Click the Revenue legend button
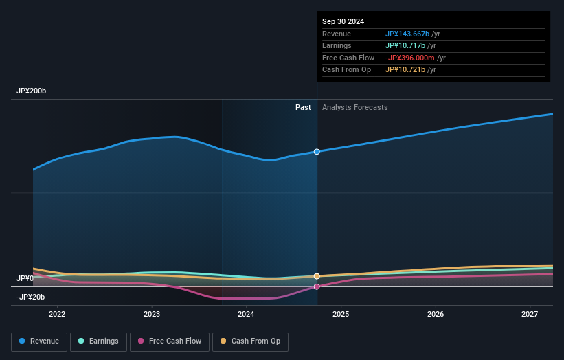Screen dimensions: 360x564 [39, 341]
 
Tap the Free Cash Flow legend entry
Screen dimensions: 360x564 [170, 341]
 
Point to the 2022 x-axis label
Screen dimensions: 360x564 [57, 315]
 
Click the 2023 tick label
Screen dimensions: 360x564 [152, 315]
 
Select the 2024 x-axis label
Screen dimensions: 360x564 [246, 315]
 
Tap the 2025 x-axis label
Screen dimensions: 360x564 [341, 315]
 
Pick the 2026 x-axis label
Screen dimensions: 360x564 [435, 315]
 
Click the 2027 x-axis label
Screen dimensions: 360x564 [530, 315]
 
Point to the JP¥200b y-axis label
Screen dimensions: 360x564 [32, 91]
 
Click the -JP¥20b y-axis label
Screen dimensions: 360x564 [30, 297]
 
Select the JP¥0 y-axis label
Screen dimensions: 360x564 [25, 278]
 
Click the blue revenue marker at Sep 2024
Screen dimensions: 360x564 [317, 151]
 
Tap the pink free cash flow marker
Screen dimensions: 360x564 [317, 286]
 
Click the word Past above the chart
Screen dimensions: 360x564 [303, 107]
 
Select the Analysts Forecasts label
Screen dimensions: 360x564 [354, 107]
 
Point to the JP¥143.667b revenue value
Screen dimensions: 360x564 [407, 34]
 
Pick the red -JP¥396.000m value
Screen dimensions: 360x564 [410, 58]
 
